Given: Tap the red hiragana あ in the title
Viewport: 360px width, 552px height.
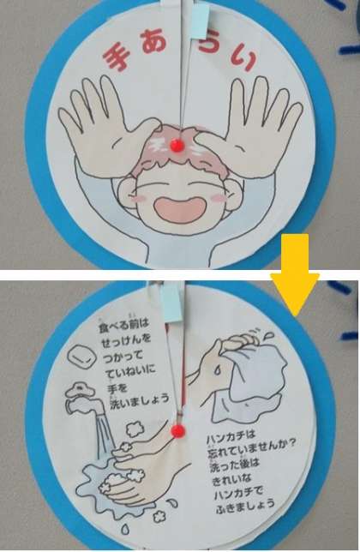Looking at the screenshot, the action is pos(156,42).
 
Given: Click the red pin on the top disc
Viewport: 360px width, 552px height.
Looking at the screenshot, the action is pos(177,144).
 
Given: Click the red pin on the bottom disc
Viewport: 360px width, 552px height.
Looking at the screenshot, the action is pos(178,430).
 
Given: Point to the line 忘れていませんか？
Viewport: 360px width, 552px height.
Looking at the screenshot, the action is pos(252,450).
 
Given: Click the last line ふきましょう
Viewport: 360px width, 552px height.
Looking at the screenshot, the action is pos(245,504).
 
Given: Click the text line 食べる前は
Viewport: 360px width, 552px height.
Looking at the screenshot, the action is pos(124,324).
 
